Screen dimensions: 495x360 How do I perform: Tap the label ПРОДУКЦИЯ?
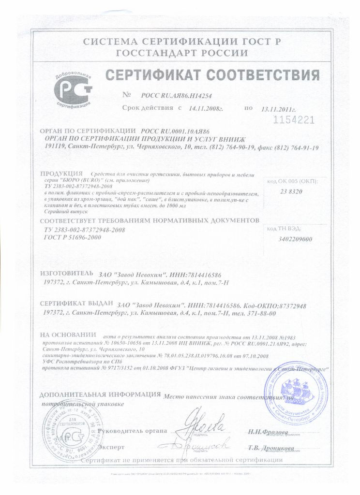60,174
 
